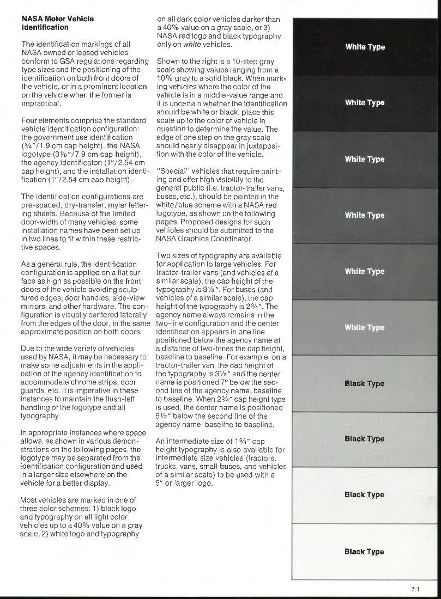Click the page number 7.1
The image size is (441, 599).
(x=415, y=589)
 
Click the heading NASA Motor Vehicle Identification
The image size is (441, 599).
(x=57, y=23)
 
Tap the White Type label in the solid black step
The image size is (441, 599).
(x=365, y=47)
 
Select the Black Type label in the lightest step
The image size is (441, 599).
(x=364, y=552)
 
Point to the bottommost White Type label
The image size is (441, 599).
(x=365, y=327)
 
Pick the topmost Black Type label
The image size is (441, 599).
(x=364, y=383)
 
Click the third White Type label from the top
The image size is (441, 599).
(x=365, y=159)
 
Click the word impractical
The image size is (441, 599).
(x=41, y=103)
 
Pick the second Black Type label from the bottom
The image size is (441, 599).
(x=364, y=494)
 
